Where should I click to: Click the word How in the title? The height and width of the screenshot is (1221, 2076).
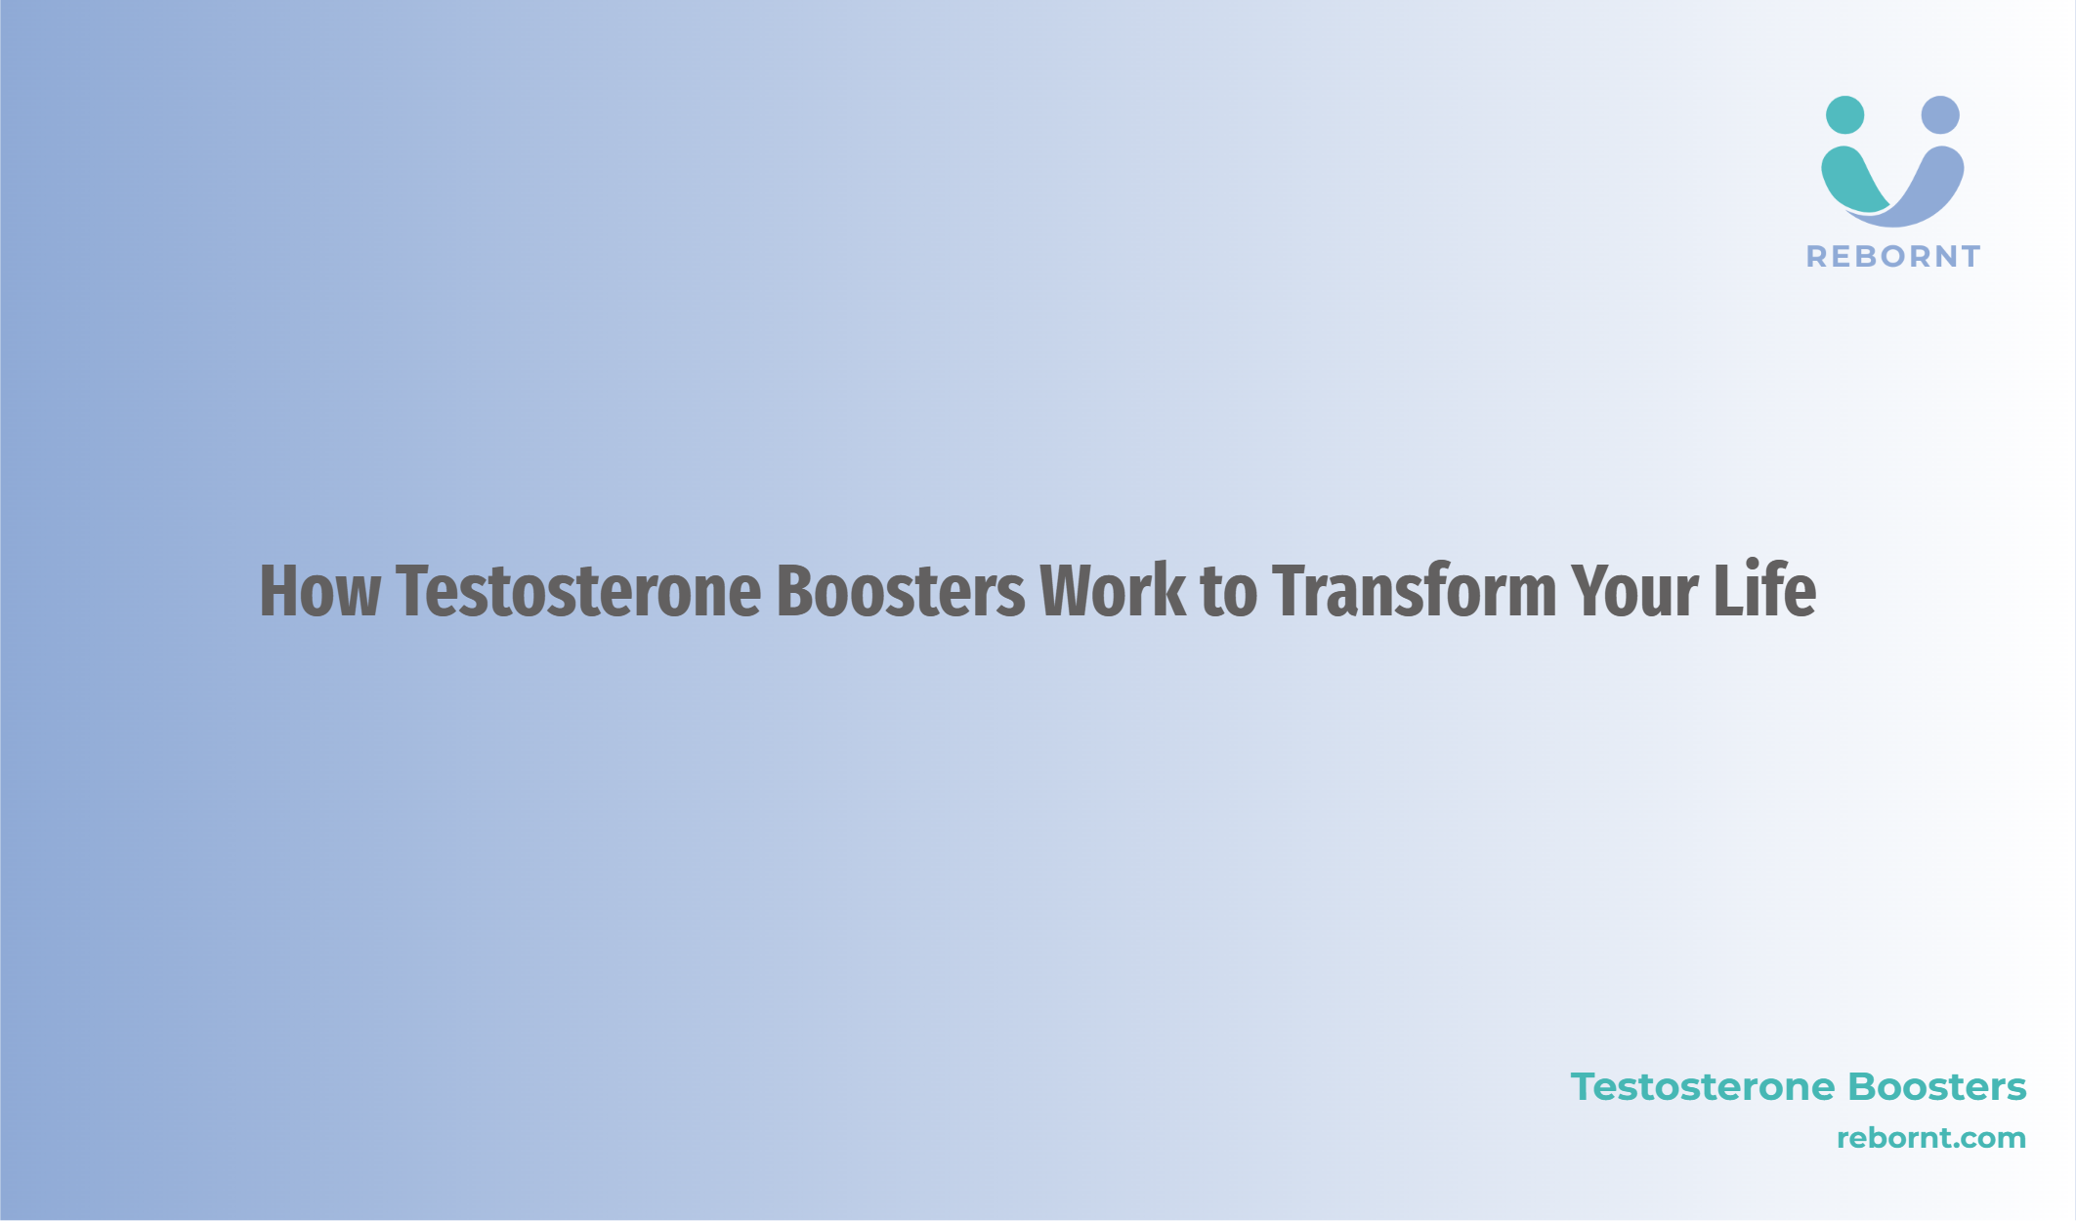pos(319,591)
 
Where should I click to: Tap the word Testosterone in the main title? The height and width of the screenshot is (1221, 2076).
pos(578,591)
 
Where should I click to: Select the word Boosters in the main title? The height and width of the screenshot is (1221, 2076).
pos(901,591)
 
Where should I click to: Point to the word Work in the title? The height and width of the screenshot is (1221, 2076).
pos(1113,591)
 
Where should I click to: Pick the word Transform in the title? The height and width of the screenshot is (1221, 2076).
pos(1414,591)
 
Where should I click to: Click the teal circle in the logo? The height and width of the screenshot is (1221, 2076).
pos(1844,114)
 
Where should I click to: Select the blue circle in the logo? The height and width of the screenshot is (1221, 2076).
pos(1940,114)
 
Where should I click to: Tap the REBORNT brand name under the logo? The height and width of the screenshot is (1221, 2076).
pos(1893,257)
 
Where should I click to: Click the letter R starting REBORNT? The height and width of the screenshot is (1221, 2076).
pos(1817,257)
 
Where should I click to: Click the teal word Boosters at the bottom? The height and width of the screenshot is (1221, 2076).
pos(1938,1087)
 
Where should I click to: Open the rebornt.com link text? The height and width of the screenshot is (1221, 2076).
pos(1931,1138)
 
